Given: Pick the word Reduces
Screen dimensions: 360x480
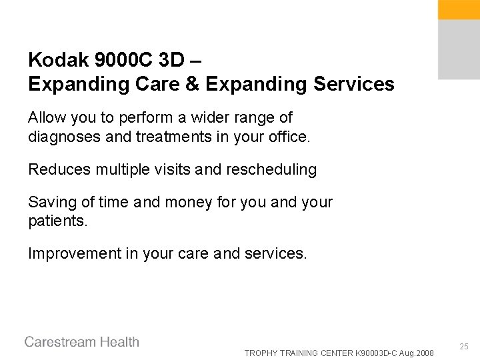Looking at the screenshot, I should tap(56, 169).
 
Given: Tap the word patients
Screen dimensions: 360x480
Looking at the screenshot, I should tap(57, 219).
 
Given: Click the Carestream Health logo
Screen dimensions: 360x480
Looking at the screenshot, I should tap(82, 342).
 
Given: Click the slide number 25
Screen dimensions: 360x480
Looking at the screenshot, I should tap(465, 347).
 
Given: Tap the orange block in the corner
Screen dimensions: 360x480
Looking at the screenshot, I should tap(459, 9).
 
